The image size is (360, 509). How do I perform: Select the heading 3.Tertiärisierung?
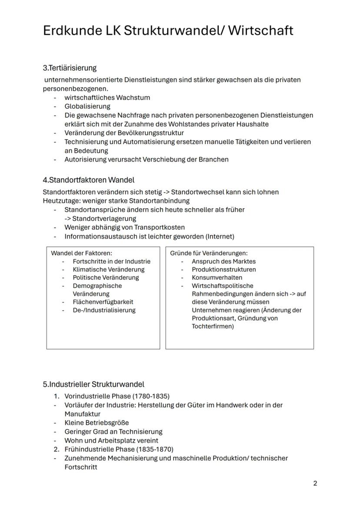(70, 68)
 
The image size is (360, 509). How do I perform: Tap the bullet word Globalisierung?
(87, 106)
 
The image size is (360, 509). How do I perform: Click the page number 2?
(315, 483)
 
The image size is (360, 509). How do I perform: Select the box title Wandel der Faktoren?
(78, 253)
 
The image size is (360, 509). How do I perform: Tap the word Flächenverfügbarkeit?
(103, 302)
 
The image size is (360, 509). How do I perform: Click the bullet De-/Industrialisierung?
(104, 310)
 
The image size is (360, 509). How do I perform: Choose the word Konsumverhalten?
(217, 277)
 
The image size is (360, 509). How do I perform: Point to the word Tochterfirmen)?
(213, 326)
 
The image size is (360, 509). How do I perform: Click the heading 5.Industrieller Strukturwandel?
(93, 384)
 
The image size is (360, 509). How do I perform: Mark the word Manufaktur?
(82, 414)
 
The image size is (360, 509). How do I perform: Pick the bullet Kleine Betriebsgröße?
(97, 423)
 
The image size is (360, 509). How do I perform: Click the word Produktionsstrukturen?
(224, 269)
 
